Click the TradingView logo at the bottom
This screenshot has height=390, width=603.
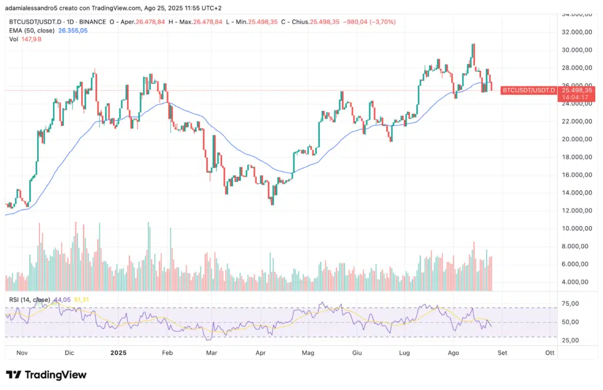pyautogui.click(x=46, y=375)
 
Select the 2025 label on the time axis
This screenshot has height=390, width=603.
pyautogui.click(x=118, y=353)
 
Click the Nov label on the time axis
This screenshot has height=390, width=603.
pyautogui.click(x=22, y=353)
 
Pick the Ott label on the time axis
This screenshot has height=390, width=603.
pyautogui.click(x=549, y=353)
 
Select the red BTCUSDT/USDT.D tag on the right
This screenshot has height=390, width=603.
pyautogui.click(x=528, y=90)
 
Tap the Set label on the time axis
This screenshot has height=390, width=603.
pyautogui.click(x=502, y=353)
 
